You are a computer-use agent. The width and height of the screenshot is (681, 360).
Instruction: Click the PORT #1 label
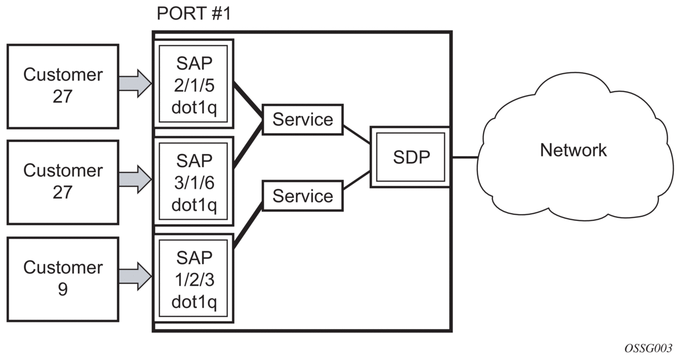(193, 14)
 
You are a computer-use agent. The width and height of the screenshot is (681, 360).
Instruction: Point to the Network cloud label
(573, 150)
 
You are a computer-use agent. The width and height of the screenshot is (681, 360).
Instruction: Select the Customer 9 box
(63, 279)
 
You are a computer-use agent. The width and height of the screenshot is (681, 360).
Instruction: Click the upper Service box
(302, 119)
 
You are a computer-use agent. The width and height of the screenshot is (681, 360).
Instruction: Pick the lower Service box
(302, 196)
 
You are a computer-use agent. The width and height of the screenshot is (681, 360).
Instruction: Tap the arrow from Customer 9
(135, 274)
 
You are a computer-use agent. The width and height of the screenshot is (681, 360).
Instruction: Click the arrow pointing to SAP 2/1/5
(135, 84)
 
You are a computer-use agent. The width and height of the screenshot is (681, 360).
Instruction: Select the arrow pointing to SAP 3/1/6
(135, 178)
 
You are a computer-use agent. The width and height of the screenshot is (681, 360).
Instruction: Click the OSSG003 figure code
(648, 348)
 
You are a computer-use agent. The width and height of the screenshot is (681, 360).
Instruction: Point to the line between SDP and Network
(465, 157)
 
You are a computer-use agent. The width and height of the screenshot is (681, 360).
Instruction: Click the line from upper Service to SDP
(357, 134)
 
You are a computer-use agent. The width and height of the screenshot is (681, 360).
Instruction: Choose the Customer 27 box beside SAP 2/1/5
(63, 86)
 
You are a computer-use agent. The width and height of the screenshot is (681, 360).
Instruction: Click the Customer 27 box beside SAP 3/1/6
(63, 182)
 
